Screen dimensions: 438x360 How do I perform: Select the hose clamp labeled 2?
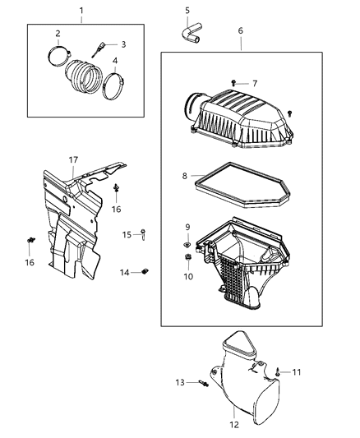59,58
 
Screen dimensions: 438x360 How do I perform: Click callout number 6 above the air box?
240,30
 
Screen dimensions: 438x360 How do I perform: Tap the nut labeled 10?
187,260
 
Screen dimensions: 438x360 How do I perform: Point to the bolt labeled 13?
201,382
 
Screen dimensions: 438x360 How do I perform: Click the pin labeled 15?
144,235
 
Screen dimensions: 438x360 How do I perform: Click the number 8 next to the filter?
185,175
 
